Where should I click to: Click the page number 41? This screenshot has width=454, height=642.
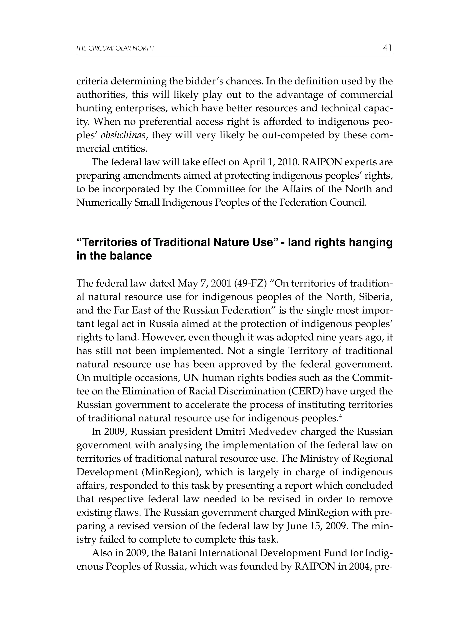387,48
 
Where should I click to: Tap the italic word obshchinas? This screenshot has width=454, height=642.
123,135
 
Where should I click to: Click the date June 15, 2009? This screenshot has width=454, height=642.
317,526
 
